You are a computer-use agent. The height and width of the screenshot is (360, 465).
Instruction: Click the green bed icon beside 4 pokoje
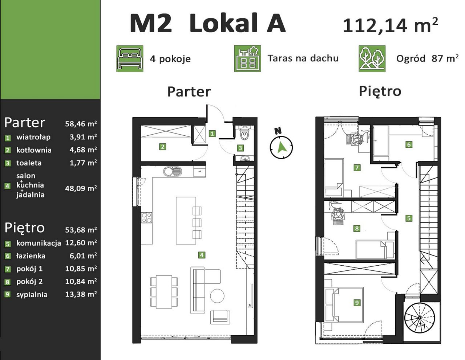tap(130, 58)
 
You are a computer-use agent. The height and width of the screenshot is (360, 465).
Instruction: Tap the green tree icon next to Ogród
tap(372, 58)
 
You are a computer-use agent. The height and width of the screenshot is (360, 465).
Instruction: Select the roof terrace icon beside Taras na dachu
tap(247, 58)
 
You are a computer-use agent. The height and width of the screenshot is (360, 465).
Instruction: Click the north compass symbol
tap(281, 146)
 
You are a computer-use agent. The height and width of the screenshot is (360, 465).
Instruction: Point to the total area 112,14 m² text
tap(390, 25)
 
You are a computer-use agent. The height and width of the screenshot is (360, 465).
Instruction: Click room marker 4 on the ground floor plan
tap(202, 255)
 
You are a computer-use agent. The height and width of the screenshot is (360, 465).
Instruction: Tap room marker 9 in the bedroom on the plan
tap(357, 303)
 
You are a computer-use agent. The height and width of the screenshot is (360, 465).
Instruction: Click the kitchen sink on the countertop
tap(173, 171)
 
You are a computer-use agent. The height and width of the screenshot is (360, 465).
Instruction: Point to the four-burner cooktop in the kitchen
tap(147, 218)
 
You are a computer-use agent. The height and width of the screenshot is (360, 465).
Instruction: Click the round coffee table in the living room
tap(217, 296)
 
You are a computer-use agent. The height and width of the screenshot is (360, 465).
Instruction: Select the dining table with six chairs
tap(164, 292)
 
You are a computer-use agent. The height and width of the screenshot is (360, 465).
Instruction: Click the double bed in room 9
tap(344, 304)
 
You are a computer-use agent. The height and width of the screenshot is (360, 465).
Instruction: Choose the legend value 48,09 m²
tap(81, 188)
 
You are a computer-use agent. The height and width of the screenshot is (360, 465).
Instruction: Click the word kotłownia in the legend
tap(34, 150)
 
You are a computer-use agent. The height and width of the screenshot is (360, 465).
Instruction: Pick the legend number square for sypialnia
tap(8, 294)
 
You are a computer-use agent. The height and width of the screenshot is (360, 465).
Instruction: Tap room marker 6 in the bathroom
tap(409, 144)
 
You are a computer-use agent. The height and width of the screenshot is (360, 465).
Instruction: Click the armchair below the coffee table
tap(220, 317)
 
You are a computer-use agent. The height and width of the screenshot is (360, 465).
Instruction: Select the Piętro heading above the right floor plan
tap(380, 91)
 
